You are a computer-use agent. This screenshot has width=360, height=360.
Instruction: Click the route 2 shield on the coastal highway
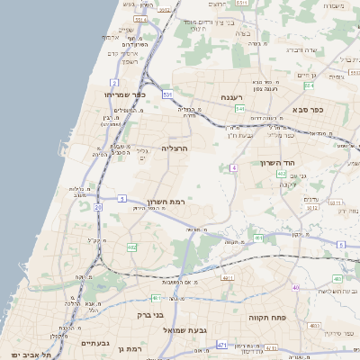(116, 82)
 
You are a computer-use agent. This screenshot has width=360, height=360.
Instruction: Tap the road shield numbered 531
(167, 93)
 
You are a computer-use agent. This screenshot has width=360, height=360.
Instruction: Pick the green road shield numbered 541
(239, 109)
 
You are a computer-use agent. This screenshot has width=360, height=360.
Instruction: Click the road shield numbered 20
(98, 207)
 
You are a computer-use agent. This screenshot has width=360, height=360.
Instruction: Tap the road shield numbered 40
(295, 287)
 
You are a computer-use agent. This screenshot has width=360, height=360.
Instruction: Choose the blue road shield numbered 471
(222, 345)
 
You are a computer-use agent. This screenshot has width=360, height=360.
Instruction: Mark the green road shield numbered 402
(282, 174)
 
